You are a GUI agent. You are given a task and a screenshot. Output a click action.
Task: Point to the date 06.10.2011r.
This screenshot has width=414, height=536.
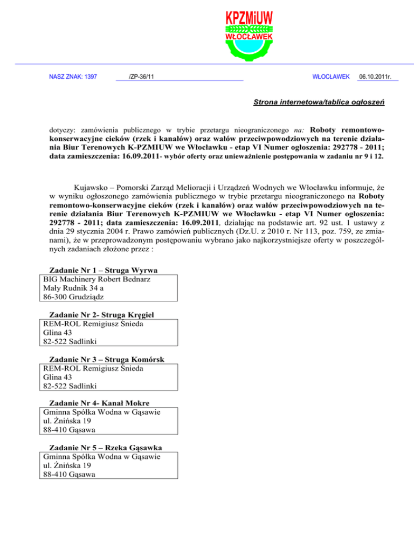(x=377, y=78)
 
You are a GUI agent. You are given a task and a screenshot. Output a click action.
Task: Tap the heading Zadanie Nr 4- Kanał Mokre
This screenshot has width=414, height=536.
(x=99, y=403)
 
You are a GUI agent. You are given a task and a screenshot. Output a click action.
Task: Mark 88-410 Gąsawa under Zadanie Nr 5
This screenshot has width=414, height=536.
(x=69, y=475)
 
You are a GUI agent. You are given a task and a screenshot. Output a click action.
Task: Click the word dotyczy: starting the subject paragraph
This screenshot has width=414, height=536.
(x=61, y=131)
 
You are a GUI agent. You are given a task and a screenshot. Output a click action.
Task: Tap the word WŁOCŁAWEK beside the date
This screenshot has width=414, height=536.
(x=332, y=78)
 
